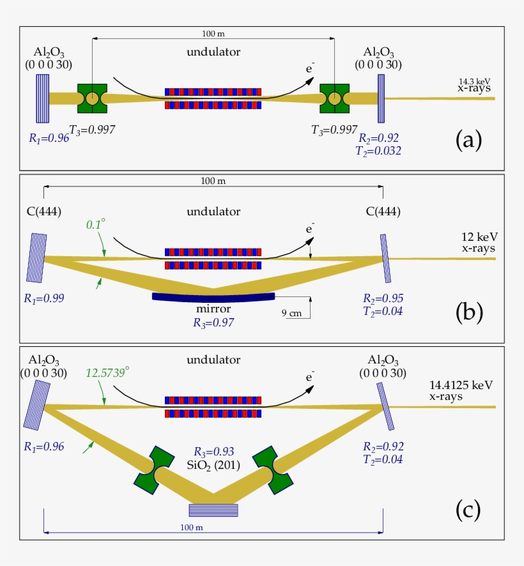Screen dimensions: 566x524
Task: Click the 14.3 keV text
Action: point(475,81)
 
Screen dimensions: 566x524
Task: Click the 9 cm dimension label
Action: point(292,313)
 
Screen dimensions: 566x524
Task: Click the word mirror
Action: point(213,310)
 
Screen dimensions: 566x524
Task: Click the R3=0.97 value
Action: point(213,323)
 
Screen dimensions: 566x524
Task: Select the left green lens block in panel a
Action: point(92,98)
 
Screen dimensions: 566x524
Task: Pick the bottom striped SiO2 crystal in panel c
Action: point(213,509)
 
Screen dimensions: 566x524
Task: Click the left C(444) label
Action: point(43,211)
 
